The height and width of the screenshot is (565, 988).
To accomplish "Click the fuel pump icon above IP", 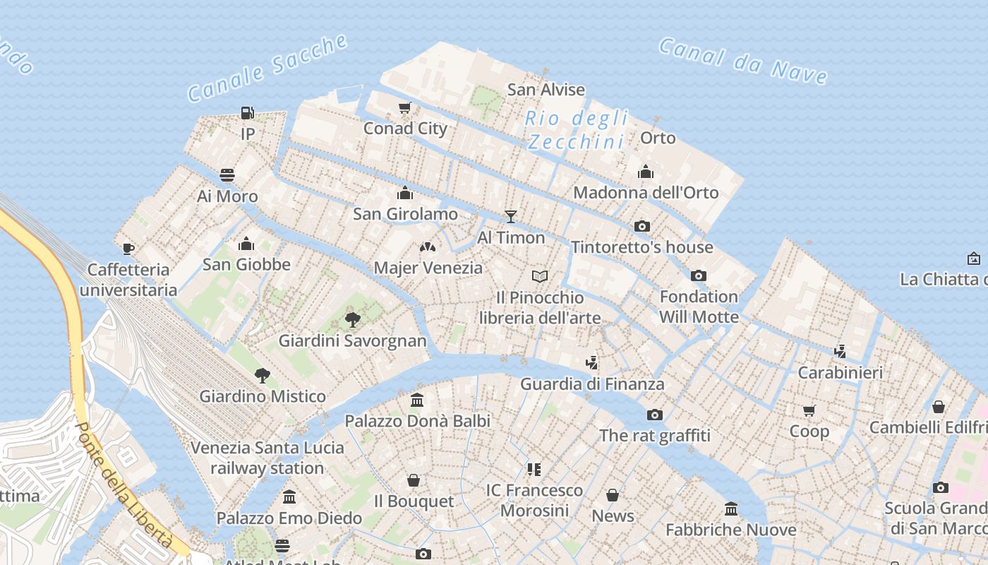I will point(247,112).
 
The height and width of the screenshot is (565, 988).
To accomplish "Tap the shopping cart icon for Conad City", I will point(404,108).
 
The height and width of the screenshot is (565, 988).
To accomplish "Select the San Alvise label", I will point(546,90).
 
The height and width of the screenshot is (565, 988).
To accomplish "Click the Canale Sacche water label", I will point(267,68).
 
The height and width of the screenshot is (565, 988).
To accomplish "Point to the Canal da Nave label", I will point(743,61).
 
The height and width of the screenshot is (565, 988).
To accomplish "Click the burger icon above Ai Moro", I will point(227,174).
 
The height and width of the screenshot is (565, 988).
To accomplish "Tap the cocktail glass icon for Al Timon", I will point(511,217).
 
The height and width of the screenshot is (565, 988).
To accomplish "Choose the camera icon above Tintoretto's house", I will point(641,227).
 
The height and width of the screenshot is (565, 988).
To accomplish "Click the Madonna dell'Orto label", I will point(646,192).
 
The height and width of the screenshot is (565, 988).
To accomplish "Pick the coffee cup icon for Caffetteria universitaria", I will point(128,249).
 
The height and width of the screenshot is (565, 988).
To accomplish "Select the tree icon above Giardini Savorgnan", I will point(353,320).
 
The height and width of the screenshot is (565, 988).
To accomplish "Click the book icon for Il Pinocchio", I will point(540,276).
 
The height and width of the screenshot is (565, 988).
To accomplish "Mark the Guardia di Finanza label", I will point(592,384).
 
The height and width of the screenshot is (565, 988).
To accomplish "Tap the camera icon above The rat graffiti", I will point(655,415).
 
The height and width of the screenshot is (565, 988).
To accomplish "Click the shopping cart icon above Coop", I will point(809,410).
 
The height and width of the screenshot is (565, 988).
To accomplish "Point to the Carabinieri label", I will point(840,372).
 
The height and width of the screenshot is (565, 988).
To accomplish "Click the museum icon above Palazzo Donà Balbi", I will point(417,400).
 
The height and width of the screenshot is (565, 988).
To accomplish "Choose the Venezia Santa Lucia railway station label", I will point(267,458).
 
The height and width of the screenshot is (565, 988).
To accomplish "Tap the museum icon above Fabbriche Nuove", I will point(731,509).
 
